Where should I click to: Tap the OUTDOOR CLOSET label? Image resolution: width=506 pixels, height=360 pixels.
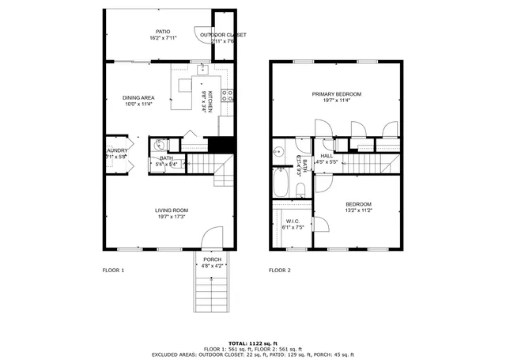pos(223,35)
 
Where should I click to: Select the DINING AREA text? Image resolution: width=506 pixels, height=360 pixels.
pos(138,97)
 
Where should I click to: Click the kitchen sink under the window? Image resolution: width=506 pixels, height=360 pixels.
pos(203,68)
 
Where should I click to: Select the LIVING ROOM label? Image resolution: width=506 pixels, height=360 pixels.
pos(171,210)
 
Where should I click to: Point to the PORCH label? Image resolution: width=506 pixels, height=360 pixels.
pos(212,260)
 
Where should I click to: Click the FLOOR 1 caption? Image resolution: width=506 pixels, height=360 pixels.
pos(113,270)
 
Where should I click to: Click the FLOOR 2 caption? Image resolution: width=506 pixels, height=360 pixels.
pos(279,270)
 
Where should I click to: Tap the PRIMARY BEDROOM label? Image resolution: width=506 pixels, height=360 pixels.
pos(336,93)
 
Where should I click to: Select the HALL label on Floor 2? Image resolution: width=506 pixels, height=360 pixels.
pos(326,156)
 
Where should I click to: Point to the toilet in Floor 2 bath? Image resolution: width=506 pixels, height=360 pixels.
pos(301,188)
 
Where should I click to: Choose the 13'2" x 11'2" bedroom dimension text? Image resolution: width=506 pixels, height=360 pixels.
pos(359,210)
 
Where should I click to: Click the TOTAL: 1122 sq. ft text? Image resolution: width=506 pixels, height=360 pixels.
pos(253,343)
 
